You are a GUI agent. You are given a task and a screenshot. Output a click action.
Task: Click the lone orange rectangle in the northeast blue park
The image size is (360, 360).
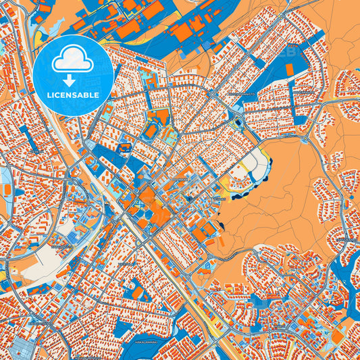click(290, 70)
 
